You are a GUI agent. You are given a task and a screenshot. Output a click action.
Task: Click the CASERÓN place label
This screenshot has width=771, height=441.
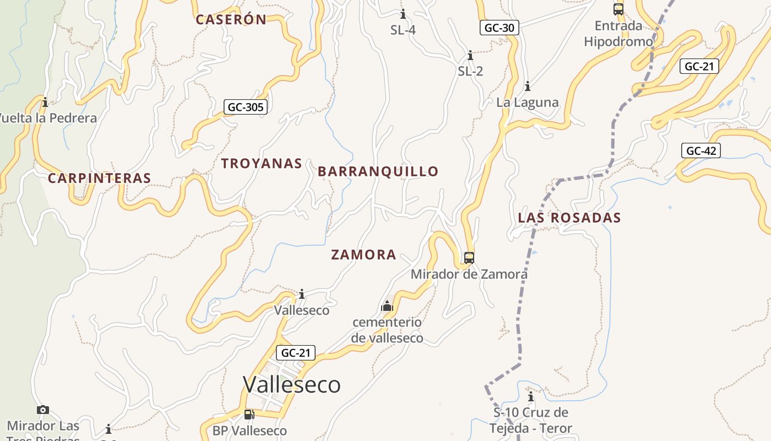point(231,20)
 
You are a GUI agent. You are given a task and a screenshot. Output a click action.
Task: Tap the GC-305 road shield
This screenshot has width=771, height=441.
point(246,107)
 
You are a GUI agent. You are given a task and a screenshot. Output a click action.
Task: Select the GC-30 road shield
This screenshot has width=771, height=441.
point(499,28)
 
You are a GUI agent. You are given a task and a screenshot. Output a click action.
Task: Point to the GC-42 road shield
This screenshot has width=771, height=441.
point(701,150)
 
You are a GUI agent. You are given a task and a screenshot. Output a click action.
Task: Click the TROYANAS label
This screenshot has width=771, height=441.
point(262,163)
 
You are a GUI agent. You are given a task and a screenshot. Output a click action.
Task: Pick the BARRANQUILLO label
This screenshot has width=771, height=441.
point(378,171)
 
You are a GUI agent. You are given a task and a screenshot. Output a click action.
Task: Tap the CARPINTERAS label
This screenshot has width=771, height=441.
point(99,178)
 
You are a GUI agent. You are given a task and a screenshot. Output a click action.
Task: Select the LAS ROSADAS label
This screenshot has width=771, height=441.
point(569,218)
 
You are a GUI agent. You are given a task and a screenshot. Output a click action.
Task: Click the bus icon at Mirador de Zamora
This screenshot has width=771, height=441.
point(469,257)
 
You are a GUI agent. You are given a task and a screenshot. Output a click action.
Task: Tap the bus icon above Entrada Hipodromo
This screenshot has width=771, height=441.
point(618,9)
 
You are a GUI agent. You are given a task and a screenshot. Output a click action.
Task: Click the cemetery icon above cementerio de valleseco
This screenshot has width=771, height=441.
point(387,306)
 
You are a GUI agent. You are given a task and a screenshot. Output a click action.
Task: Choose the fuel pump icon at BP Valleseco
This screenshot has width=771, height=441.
point(249,414)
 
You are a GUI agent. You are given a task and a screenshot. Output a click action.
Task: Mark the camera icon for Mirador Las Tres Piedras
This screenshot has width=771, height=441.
point(43,410)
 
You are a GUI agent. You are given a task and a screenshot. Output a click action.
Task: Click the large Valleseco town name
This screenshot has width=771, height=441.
point(292,384)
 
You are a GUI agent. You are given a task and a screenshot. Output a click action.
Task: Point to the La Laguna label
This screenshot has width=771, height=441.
point(528,103)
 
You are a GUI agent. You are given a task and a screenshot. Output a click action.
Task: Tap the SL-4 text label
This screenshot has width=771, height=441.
point(403,30)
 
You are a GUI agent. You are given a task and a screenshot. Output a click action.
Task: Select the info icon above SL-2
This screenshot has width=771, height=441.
point(470,56)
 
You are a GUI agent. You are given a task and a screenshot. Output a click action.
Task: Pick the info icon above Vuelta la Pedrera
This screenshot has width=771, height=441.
point(45,102)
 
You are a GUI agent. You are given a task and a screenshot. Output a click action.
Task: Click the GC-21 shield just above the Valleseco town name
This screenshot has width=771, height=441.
point(295,353)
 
